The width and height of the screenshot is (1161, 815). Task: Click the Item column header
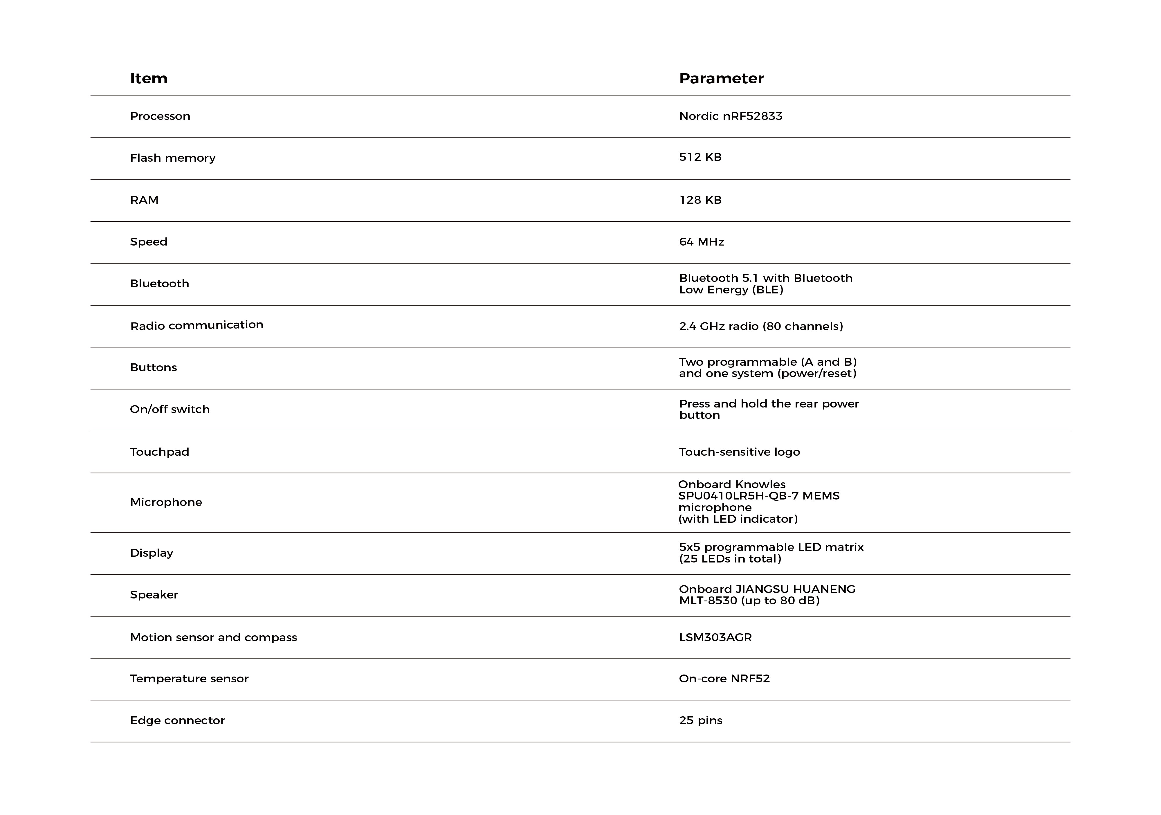[x=149, y=78]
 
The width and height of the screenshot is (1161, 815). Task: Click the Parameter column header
[x=721, y=78]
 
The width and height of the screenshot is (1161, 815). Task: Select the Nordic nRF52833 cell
[x=730, y=116]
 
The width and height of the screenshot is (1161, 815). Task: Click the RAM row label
[x=144, y=200]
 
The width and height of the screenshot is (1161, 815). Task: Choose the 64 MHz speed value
[x=701, y=242]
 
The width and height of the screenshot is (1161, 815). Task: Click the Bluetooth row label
[x=159, y=284]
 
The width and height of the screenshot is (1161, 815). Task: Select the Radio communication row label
[x=197, y=325]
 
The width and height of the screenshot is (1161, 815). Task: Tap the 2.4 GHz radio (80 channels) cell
[x=760, y=327]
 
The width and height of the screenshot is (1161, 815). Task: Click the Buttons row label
[x=153, y=367]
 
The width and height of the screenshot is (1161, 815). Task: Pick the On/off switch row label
[x=170, y=410]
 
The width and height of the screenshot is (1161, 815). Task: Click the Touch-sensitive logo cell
[x=739, y=452]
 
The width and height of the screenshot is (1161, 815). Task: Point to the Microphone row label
[x=166, y=502]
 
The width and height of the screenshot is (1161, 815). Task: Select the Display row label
[x=151, y=553]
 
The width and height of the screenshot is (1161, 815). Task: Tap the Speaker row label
[x=154, y=595]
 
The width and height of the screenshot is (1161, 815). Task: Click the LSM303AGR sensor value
[x=715, y=638]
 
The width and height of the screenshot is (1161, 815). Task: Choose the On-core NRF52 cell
[x=724, y=679]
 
